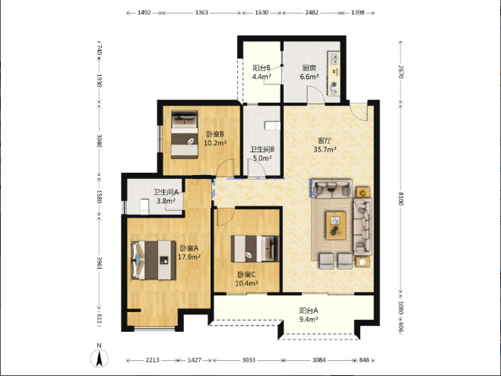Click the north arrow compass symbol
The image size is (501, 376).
coord(100,358)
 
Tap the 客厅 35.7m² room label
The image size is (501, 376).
coord(325,145)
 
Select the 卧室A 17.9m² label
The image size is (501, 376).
coord(189,252)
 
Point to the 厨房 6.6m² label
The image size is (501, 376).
coord(309,72)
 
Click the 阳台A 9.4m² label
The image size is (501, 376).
coord(309,315)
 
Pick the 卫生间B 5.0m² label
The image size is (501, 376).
coord(262,154)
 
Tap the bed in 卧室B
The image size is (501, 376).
coord(185,135)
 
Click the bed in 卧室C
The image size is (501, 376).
coord(255,249)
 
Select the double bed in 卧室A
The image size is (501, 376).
coord(154,260)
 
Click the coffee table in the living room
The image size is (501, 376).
coord(335,225)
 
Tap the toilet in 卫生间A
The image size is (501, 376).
coord(144,207)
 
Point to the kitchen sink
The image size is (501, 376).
coord(334,59)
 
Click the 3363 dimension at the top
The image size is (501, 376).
coord(201,13)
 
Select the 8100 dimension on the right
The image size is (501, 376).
coord(401,199)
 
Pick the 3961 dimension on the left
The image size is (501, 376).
coord(100,263)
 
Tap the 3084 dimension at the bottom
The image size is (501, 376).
coord(319,360)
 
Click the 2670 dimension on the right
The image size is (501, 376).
coord(401,72)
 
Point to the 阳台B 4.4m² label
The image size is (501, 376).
coord(262,72)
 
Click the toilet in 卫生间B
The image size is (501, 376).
coord(272,126)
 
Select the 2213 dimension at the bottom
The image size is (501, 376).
coord(152,360)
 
